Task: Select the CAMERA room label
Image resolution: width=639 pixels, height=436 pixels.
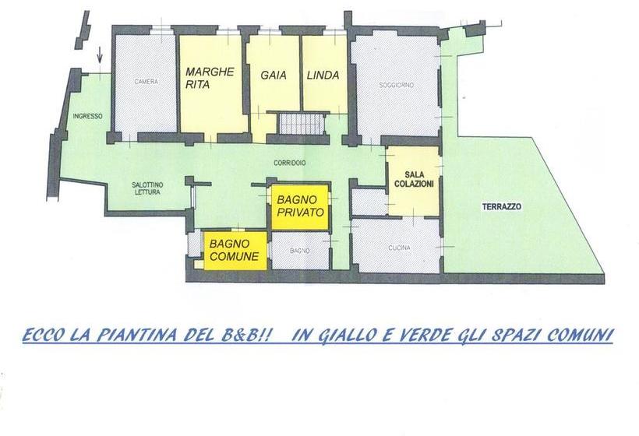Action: point(146,82)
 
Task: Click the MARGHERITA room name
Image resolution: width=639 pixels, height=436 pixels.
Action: point(210,79)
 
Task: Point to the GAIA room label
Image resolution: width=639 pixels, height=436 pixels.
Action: point(274,76)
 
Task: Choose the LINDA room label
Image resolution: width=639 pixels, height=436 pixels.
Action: point(323,76)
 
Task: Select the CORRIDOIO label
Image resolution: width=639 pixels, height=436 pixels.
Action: point(289,163)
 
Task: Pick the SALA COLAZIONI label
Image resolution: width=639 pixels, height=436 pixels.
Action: point(414,178)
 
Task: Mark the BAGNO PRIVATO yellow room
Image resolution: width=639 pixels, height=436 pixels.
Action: point(300,206)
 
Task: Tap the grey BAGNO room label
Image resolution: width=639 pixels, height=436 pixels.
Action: point(300,251)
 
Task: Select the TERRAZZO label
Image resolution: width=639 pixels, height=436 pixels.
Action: point(501,207)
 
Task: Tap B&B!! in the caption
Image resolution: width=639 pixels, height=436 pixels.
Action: point(249,336)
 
